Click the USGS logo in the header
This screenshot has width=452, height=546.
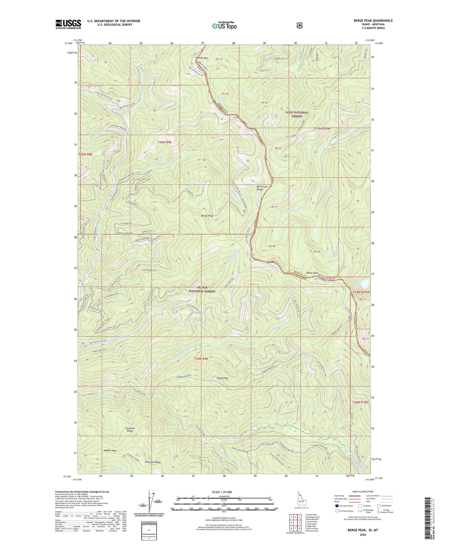(x=68, y=24)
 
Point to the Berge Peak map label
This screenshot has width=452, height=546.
(x=208, y=216)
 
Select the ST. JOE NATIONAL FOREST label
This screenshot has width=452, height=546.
(x=202, y=289)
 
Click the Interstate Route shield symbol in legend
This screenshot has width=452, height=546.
(x=337, y=505)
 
